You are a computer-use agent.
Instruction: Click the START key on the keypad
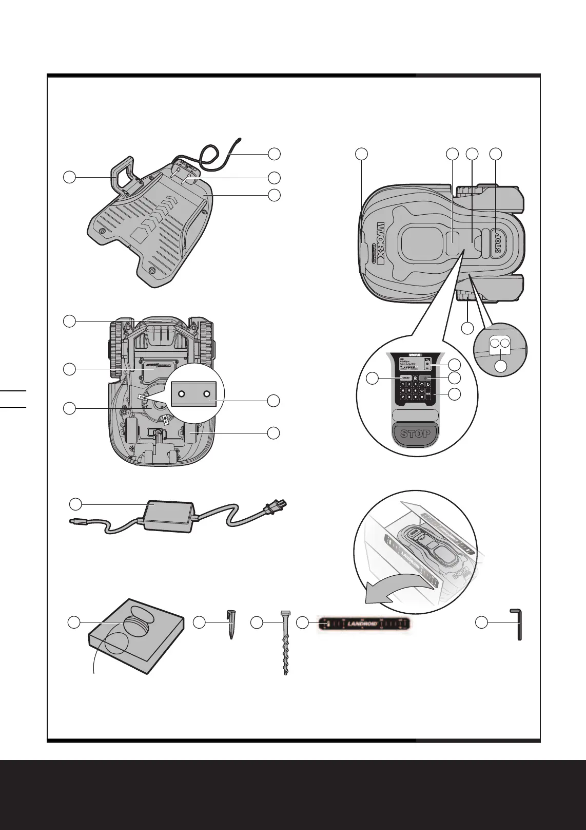(405, 379)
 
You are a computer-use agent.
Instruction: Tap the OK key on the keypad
(428, 394)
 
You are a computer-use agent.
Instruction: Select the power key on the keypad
(425, 379)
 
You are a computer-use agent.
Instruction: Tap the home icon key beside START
(415, 379)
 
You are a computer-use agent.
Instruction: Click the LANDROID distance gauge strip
(364, 624)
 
